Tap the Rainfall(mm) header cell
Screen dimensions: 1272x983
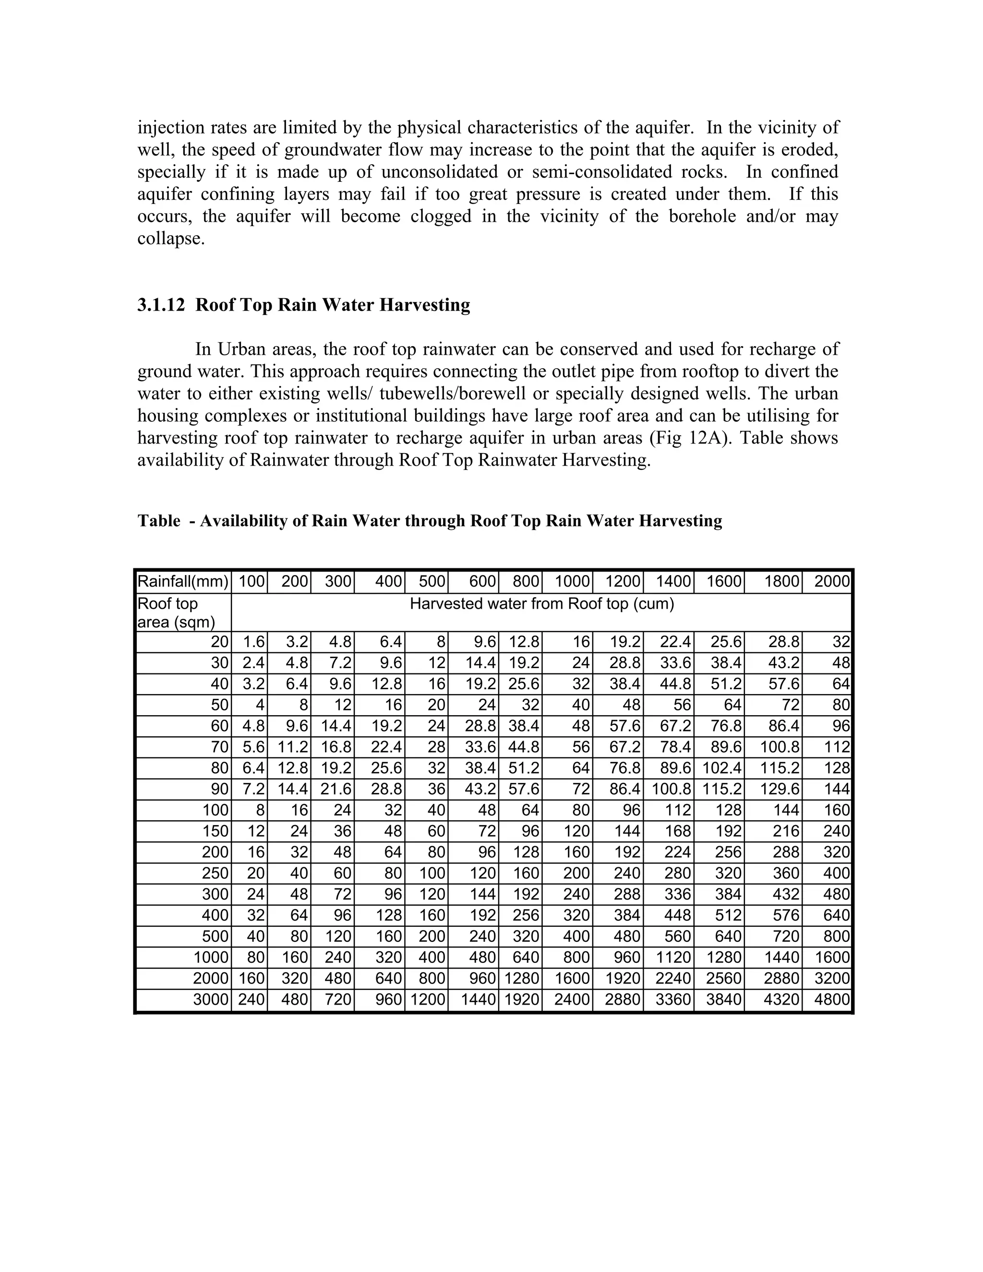183,581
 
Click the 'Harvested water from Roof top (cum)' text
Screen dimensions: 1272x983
541,604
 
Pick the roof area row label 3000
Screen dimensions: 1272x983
210,999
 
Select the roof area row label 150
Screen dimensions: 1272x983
216,830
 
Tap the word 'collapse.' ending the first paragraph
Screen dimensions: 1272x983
171,239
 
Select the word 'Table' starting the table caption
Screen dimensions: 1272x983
158,521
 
